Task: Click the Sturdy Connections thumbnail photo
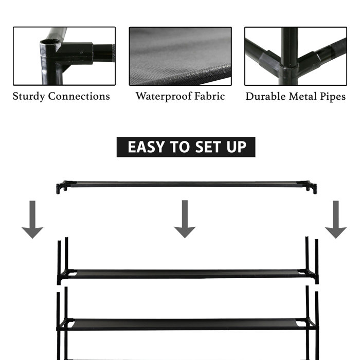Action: (x=64, y=56)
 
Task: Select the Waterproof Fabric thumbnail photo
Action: (x=180, y=56)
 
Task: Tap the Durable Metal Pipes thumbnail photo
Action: (x=296, y=56)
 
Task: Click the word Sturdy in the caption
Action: (x=29, y=96)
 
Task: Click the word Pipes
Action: (x=331, y=96)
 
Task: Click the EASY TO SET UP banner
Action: (x=186, y=147)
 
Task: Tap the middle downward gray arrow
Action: (x=185, y=220)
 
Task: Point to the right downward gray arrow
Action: (x=336, y=220)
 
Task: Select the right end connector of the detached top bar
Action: (x=311, y=187)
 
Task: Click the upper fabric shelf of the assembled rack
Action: (x=188, y=274)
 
